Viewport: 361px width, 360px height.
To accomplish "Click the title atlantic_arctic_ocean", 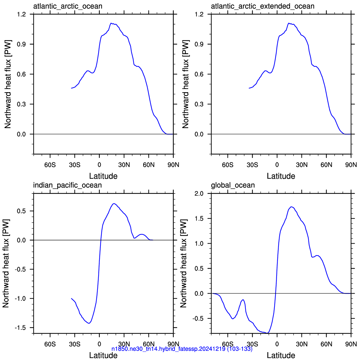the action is click(x=68, y=6).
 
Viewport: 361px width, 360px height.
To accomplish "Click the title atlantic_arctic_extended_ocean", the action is click(x=263, y=6).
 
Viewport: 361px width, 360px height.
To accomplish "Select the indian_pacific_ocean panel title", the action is click(x=67, y=185).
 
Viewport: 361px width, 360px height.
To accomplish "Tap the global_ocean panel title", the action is click(x=233, y=185).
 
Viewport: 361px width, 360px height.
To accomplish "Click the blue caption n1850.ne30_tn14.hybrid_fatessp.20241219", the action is click(x=182, y=349).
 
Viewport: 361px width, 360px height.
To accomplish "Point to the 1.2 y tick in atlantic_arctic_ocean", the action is click(x=21, y=14).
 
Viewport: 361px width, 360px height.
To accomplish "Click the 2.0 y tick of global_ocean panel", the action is click(x=199, y=194).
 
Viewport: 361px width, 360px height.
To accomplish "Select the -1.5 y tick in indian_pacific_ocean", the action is click(x=20, y=328).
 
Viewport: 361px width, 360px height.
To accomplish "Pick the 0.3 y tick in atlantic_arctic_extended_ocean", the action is click(x=199, y=104).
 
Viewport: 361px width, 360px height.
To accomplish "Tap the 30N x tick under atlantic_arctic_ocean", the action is click(x=124, y=165).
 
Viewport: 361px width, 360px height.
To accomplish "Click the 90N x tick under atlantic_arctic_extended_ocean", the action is click(x=351, y=165).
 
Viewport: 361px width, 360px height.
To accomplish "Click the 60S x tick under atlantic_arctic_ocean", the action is click(x=50, y=165).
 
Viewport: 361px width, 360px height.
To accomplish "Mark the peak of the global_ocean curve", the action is click(x=291, y=207).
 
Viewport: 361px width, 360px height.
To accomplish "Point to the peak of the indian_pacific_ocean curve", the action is click(x=114, y=204).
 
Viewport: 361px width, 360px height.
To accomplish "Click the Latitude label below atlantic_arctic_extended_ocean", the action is click(x=281, y=176).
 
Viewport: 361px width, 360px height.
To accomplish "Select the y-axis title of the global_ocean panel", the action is click(x=183, y=263).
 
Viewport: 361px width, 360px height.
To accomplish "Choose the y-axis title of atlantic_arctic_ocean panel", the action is click(x=8, y=84).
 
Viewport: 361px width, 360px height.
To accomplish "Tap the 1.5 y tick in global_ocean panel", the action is click(x=199, y=218).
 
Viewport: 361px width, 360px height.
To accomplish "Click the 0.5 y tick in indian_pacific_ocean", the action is click(x=21, y=211).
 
